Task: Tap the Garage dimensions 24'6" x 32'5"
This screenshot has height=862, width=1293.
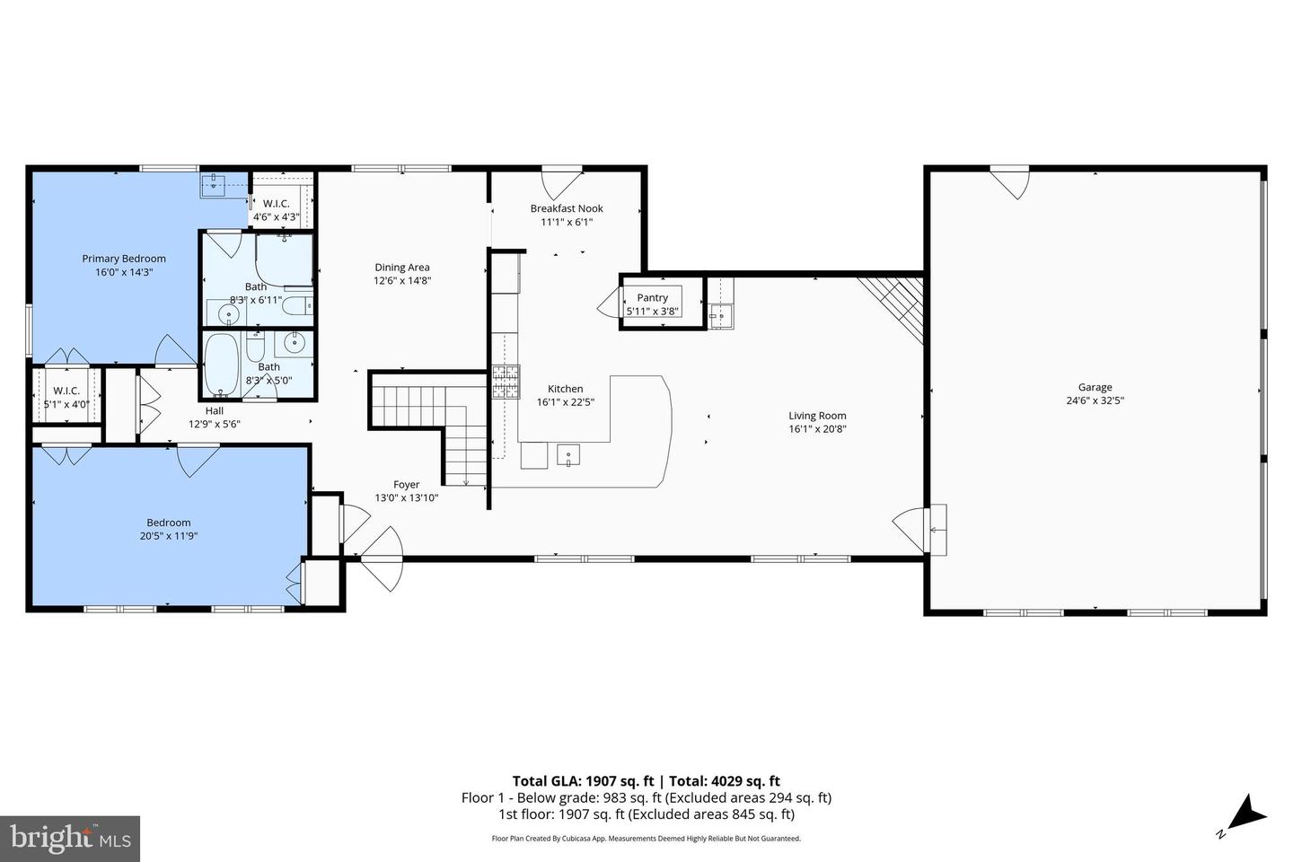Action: [x=1095, y=401]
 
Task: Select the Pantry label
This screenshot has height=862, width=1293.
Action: [x=653, y=297]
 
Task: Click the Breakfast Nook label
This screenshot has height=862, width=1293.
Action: [x=567, y=208]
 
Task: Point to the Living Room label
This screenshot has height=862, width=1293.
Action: [x=817, y=416]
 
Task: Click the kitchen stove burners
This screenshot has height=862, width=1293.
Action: [x=506, y=382]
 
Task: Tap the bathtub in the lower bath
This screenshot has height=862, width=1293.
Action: [x=220, y=365]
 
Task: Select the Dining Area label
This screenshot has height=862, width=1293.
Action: [x=402, y=267]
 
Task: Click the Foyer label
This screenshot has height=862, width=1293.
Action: [x=406, y=485]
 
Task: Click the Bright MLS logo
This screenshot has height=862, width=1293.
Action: [x=69, y=839]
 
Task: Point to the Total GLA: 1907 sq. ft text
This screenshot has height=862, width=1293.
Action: [x=583, y=781]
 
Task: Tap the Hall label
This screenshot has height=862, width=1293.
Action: [x=214, y=410]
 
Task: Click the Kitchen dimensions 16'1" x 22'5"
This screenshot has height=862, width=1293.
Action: [x=566, y=403]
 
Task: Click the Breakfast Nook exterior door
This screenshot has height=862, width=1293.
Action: [x=561, y=182]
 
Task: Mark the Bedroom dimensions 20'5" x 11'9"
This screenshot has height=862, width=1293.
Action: [x=169, y=536]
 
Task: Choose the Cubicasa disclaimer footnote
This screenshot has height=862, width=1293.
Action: [x=646, y=839]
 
